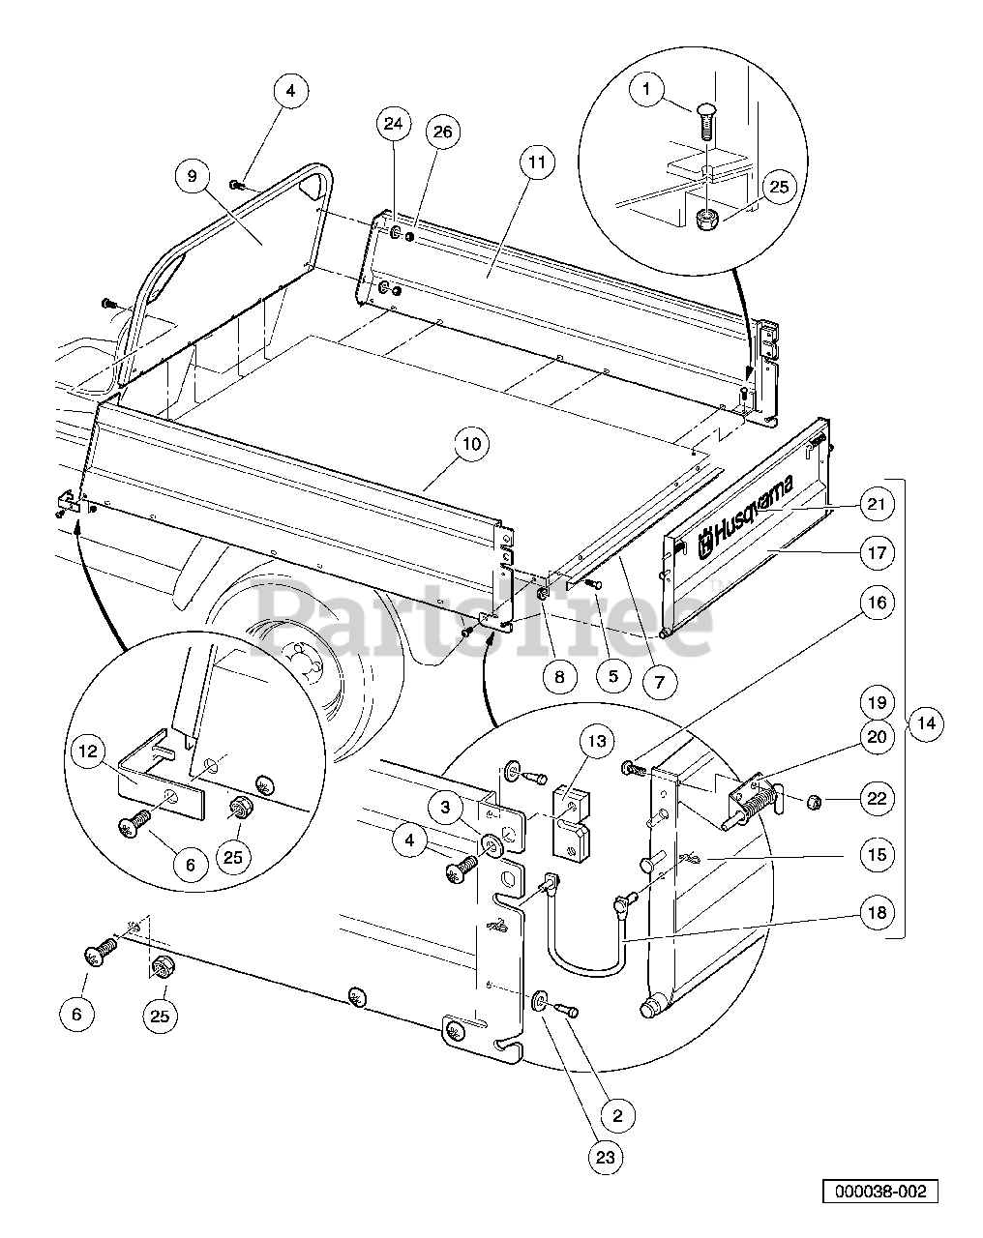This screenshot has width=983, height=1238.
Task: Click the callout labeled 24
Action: (x=392, y=124)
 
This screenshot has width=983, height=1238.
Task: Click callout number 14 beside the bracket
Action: (x=926, y=722)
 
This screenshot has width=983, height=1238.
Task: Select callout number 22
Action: (x=877, y=798)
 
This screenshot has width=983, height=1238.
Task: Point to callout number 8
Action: (x=559, y=677)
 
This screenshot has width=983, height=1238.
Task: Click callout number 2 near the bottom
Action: (x=618, y=1115)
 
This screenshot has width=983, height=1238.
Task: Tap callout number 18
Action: (x=877, y=912)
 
